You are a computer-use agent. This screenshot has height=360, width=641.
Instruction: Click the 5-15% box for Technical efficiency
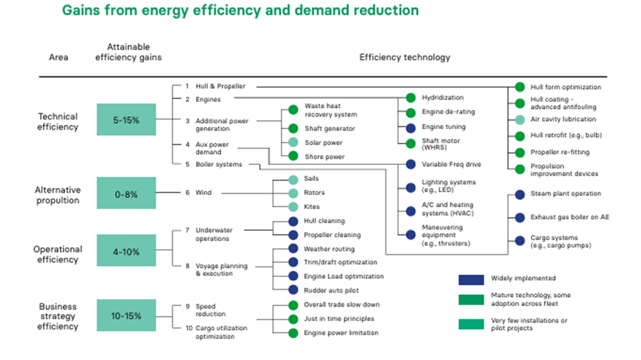[x=126, y=120]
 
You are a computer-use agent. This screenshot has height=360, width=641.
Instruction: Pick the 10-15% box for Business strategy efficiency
[x=126, y=316]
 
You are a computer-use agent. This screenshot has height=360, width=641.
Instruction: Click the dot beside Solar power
[x=293, y=142]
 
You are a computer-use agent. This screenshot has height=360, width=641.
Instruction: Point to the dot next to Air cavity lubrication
[x=520, y=120]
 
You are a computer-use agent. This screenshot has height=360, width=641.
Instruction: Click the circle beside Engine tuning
[x=411, y=127]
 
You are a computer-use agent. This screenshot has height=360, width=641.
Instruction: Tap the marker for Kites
[x=293, y=206]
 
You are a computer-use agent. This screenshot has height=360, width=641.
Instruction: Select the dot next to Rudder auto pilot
[x=293, y=290]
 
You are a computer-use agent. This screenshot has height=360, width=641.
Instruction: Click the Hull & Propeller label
[x=220, y=86]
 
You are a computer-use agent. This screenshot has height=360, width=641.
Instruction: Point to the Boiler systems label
[x=218, y=164]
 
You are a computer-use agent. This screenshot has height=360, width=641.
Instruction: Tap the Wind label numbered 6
[x=203, y=192]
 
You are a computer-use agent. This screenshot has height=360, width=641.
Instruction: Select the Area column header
[x=58, y=57]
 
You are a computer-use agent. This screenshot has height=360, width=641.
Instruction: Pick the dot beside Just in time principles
[x=293, y=319]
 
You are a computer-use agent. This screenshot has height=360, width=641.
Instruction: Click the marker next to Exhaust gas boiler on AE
[x=520, y=218]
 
